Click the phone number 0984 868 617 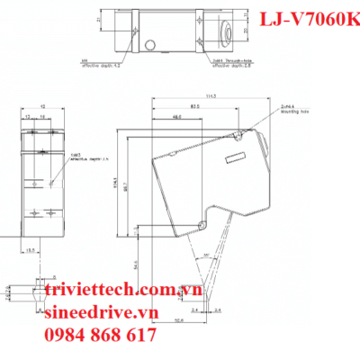click(x=99, y=336)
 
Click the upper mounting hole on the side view click(x=235, y=136)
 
